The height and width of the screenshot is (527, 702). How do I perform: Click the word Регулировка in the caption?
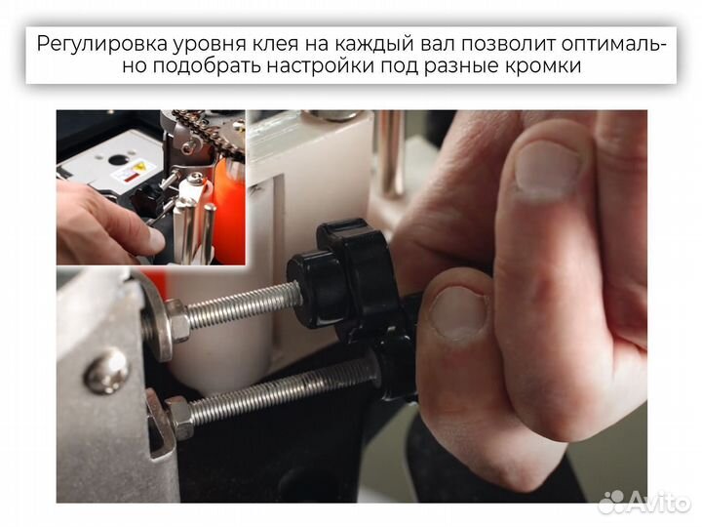[x=101, y=44]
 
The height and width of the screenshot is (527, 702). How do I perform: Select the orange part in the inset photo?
[x=230, y=210]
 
